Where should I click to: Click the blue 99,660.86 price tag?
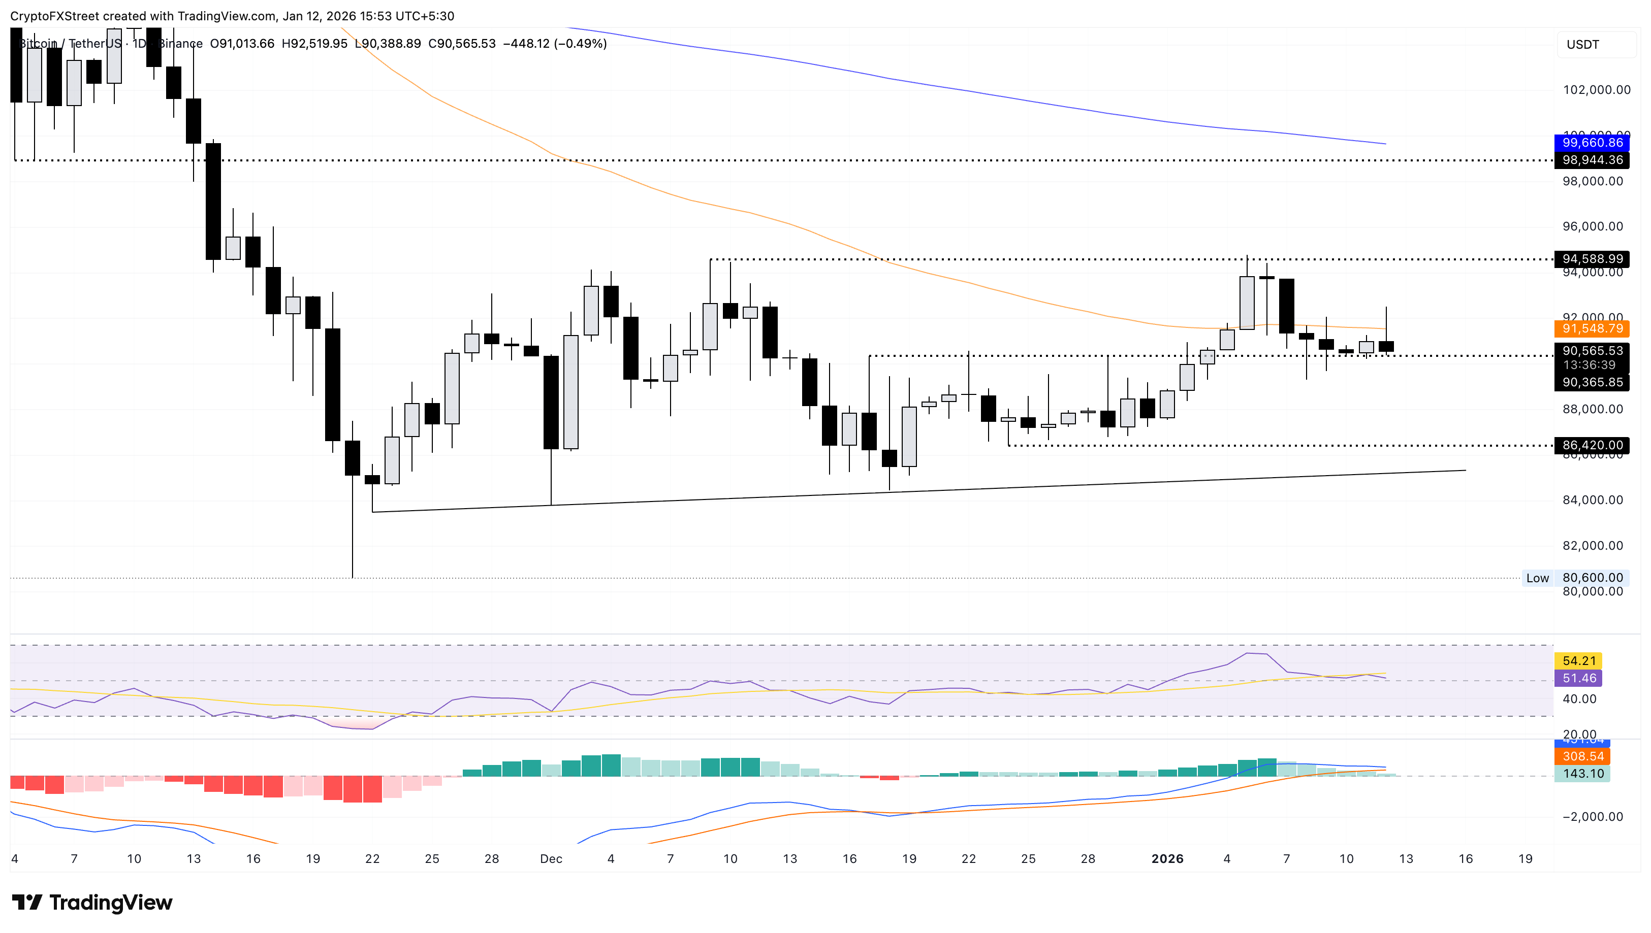point(1592,142)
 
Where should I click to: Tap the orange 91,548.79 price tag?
point(1592,329)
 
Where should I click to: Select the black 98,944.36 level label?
point(1592,159)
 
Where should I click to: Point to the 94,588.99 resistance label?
point(1592,259)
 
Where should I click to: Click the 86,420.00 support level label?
point(1592,445)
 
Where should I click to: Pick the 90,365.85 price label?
point(1592,383)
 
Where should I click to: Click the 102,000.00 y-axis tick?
point(1596,90)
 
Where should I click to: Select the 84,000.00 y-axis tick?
point(1592,500)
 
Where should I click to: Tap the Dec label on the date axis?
point(551,859)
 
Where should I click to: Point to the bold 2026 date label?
point(1167,859)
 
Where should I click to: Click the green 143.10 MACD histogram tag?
point(1582,774)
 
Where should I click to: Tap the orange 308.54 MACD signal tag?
point(1582,756)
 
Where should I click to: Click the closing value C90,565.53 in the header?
point(462,44)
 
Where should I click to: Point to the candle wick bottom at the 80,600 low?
point(353,576)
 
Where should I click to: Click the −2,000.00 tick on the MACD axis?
point(1592,816)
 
